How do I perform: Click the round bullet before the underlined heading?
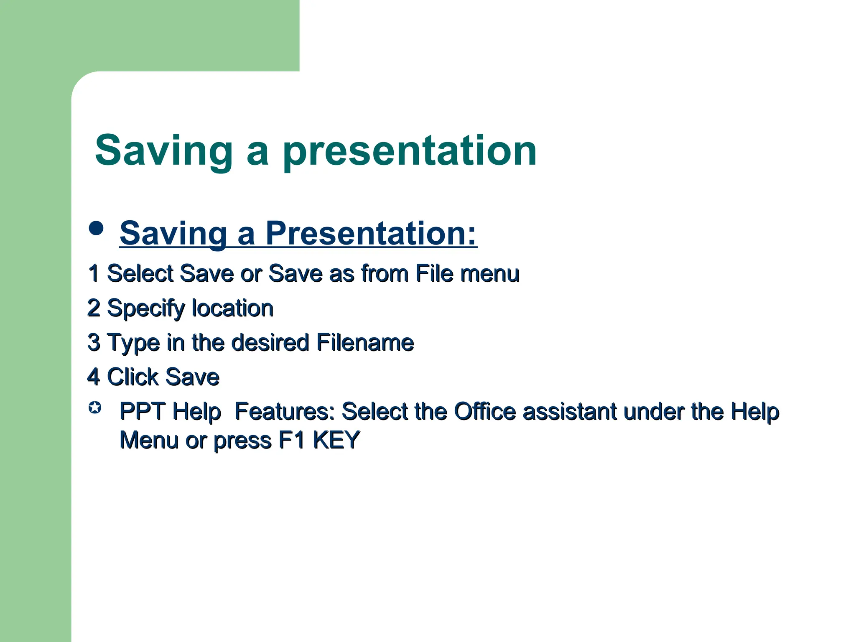point(96,229)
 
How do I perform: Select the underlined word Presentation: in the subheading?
point(371,233)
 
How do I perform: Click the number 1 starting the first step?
point(94,273)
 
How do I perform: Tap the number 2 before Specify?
point(94,308)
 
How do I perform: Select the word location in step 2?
point(232,308)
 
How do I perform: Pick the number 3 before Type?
point(94,342)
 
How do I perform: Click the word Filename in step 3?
point(365,342)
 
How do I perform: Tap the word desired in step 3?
point(270,342)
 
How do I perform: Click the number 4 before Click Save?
point(94,377)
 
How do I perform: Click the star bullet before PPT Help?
point(95,408)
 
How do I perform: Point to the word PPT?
point(142,411)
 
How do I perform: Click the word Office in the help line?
point(485,411)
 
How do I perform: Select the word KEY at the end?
point(336,440)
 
